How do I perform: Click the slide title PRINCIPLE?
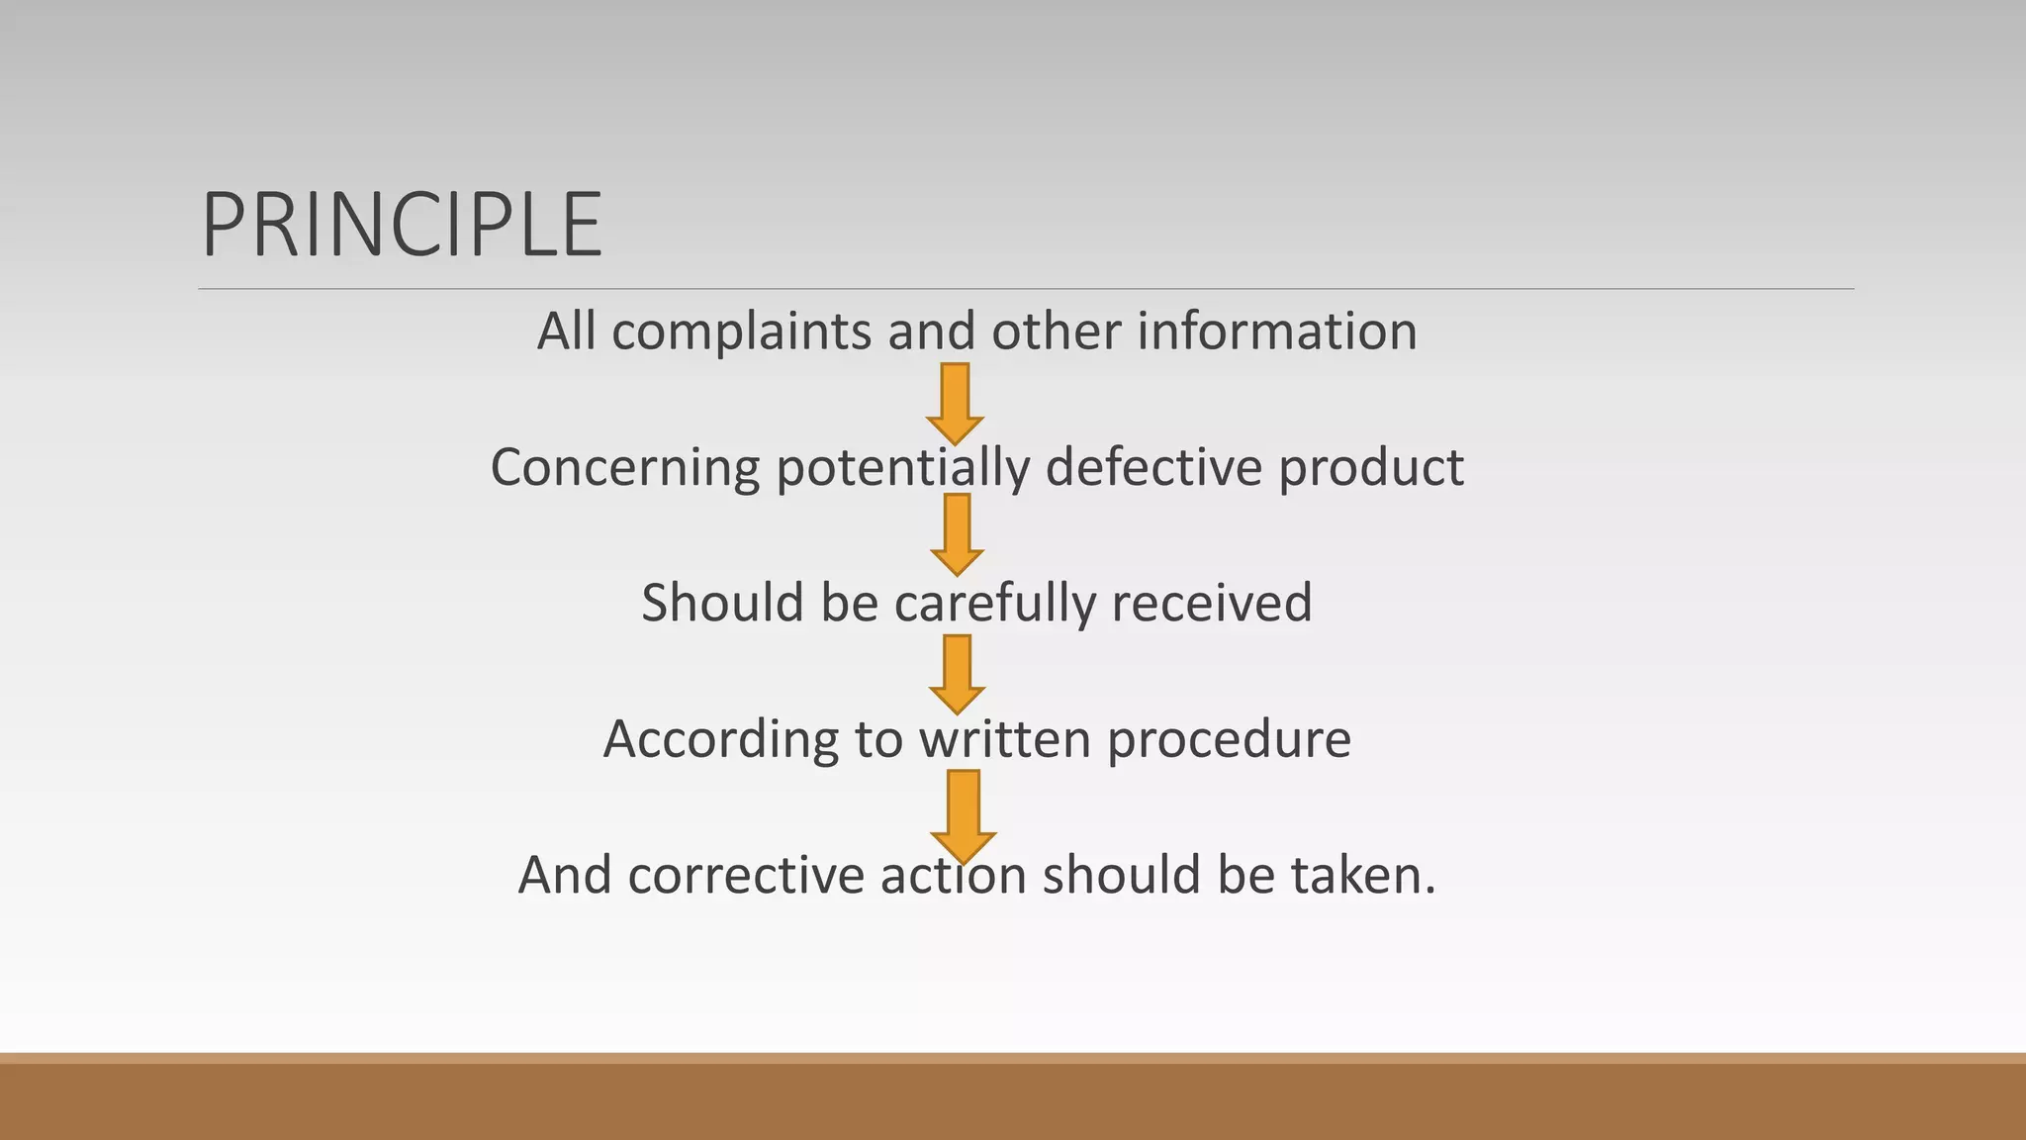402,226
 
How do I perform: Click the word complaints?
742,332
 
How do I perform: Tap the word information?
1276,331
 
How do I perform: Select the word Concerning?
625,468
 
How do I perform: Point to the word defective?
1154,466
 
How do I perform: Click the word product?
1371,468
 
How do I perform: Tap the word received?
1212,603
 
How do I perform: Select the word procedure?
1229,740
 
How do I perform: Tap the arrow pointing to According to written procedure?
957,674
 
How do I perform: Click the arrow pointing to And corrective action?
963,814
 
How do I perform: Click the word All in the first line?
566,331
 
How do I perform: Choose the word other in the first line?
1056,331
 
